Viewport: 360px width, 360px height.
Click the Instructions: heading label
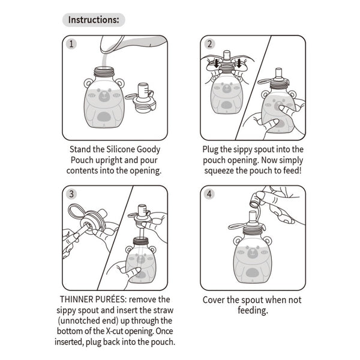coord(94,19)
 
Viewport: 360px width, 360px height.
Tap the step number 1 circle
coord(71,44)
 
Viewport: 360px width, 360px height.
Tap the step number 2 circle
coord(209,44)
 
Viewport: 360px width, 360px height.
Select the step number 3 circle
coord(71,194)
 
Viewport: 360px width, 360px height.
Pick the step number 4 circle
coord(209,194)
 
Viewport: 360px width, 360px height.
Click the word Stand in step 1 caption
coord(83,149)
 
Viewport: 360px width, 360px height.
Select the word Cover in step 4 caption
coord(215,300)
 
